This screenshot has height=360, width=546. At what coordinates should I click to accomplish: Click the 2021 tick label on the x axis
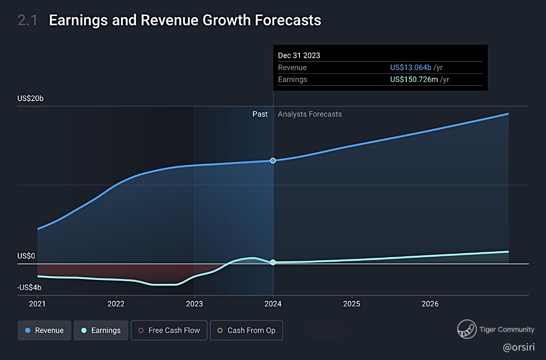pyautogui.click(x=37, y=304)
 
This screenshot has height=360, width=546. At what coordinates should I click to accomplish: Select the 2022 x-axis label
pyautogui.click(x=116, y=304)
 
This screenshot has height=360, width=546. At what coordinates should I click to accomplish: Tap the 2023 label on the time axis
pyautogui.click(x=195, y=304)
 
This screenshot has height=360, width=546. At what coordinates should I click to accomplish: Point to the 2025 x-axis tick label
pyautogui.click(x=352, y=304)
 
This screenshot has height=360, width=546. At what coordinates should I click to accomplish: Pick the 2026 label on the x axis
pyautogui.click(x=430, y=304)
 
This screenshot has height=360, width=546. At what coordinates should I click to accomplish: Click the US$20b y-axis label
pyautogui.click(x=30, y=98)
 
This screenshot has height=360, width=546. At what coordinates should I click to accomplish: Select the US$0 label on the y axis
pyautogui.click(x=26, y=256)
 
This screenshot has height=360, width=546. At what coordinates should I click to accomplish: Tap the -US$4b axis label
pyautogui.click(x=30, y=288)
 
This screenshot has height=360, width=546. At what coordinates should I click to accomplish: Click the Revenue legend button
pyautogui.click(x=45, y=330)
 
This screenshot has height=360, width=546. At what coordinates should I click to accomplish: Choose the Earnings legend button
pyautogui.click(x=101, y=330)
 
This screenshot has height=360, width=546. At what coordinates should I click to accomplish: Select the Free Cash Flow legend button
pyautogui.click(x=169, y=330)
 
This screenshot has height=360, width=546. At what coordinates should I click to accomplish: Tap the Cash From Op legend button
pyautogui.click(x=246, y=330)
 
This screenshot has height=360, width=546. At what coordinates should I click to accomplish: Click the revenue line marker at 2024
pyautogui.click(x=273, y=160)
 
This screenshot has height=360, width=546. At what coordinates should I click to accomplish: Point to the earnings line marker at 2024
pyautogui.click(x=273, y=262)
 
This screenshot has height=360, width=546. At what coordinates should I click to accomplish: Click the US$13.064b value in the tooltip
pyautogui.click(x=410, y=67)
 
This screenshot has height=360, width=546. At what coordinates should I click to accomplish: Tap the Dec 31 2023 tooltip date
pyautogui.click(x=299, y=56)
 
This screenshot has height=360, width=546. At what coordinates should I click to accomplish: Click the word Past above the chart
pyautogui.click(x=260, y=114)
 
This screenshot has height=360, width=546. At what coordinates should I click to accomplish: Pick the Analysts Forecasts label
pyautogui.click(x=310, y=114)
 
